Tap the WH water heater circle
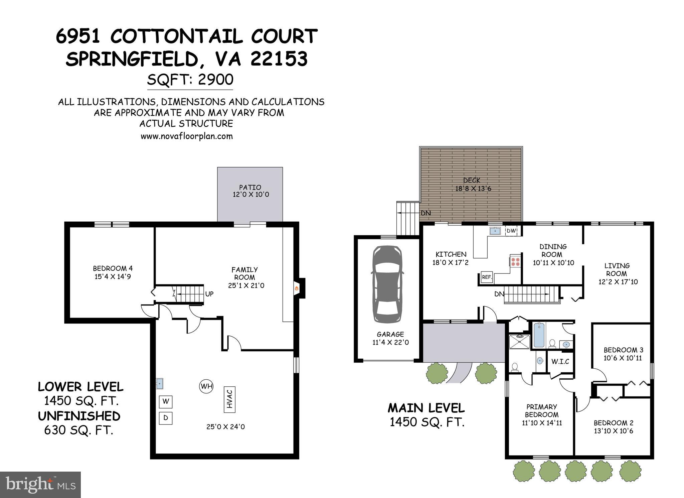[x=206, y=386]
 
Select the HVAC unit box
[x=229, y=399]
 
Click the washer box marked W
[x=166, y=401]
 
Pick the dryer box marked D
[x=166, y=418]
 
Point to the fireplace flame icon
[x=296, y=288]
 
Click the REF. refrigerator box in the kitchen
[x=487, y=277]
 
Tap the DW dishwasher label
[x=511, y=231]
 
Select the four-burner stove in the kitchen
[x=515, y=261]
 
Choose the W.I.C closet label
[x=560, y=361]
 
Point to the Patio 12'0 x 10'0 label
[x=250, y=191]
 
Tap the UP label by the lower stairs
[x=209, y=294]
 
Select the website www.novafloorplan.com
[x=186, y=136]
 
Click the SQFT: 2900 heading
[x=190, y=80]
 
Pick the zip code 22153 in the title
[x=279, y=59]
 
